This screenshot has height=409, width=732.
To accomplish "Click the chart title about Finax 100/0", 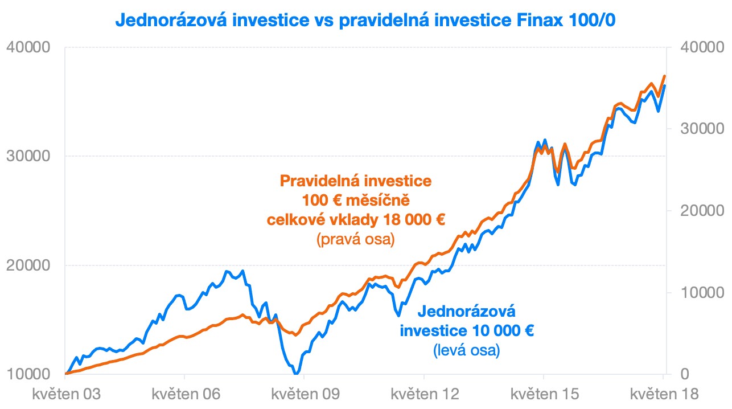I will coord(366,20).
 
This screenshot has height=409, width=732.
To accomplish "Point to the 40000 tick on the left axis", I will coord(29,47).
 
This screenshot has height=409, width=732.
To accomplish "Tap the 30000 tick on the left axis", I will coord(29,156).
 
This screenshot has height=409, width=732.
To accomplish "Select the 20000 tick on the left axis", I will coord(29,265).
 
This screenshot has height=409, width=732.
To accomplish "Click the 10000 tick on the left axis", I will coord(29,374).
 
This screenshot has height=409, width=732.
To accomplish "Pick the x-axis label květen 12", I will coord(423,394).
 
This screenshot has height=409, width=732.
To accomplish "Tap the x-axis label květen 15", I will coord(544,394).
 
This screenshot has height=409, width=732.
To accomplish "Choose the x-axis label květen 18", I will coord(663,394).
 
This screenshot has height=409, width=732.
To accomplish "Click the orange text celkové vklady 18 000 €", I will coord(356,220).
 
